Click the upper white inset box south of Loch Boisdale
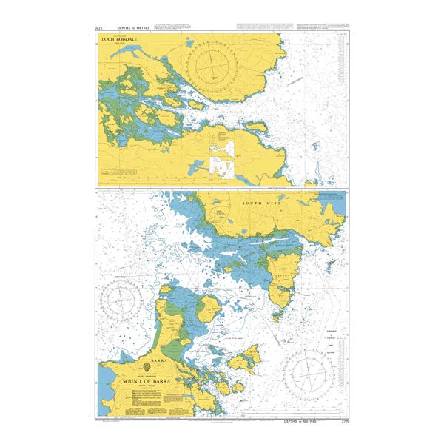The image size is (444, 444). tap(221, 145)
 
